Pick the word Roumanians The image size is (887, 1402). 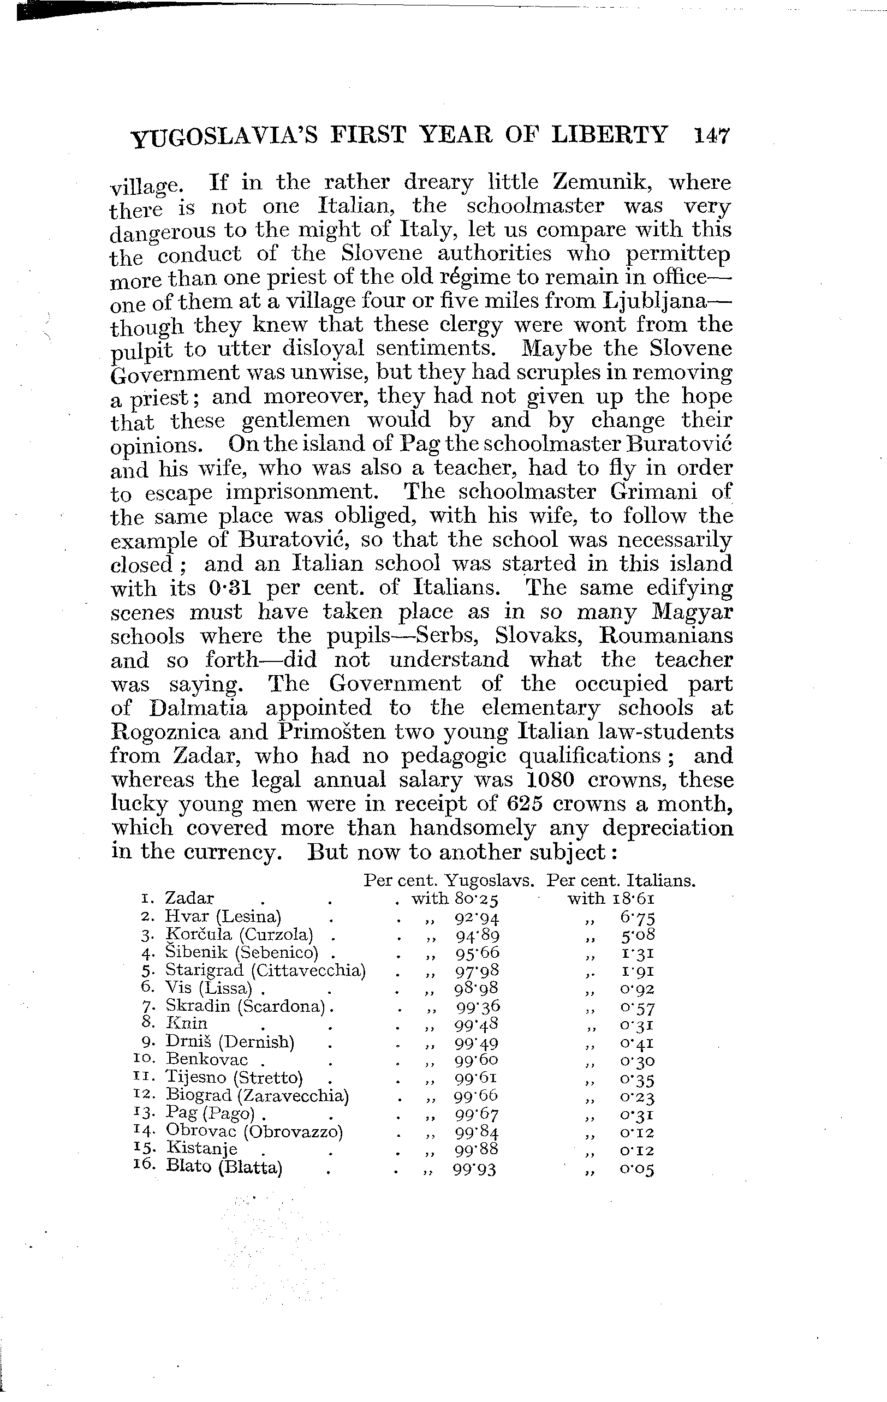666,635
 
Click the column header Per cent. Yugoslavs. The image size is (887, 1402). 449,881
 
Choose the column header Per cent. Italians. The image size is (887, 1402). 622,881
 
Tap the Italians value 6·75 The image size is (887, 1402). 637,917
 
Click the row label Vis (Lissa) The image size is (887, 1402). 208,988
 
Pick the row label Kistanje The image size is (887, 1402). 201,1148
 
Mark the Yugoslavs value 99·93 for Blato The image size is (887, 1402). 475,1167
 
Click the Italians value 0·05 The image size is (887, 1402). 637,1167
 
